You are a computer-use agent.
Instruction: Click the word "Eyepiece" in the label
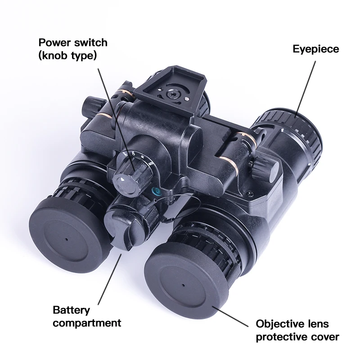pyautogui.click(x=315, y=49)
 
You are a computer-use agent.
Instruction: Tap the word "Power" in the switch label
pyautogui.click(x=56, y=43)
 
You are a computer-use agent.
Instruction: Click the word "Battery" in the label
pyautogui.click(x=71, y=310)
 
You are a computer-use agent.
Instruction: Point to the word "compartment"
pyautogui.click(x=87, y=323)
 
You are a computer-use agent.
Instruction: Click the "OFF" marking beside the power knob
pyautogui.click(x=134, y=155)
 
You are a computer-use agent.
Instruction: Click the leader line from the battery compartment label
pyautogui.click(x=108, y=279)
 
